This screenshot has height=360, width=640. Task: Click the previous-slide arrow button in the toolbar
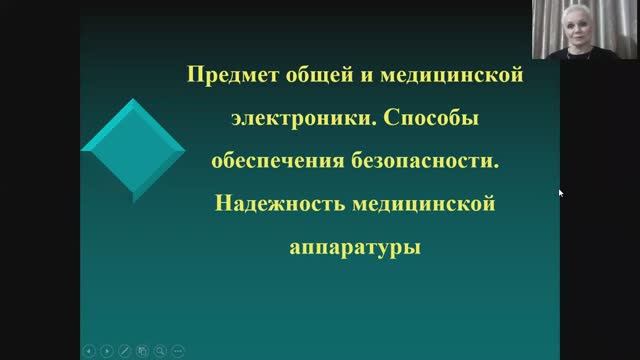(x=88, y=351)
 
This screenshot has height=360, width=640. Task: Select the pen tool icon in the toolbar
(x=124, y=351)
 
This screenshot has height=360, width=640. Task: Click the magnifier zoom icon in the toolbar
(x=160, y=351)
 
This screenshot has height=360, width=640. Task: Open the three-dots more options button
(x=178, y=351)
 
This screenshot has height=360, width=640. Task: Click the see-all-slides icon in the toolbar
(x=142, y=351)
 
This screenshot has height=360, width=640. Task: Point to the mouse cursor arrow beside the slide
(x=561, y=193)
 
